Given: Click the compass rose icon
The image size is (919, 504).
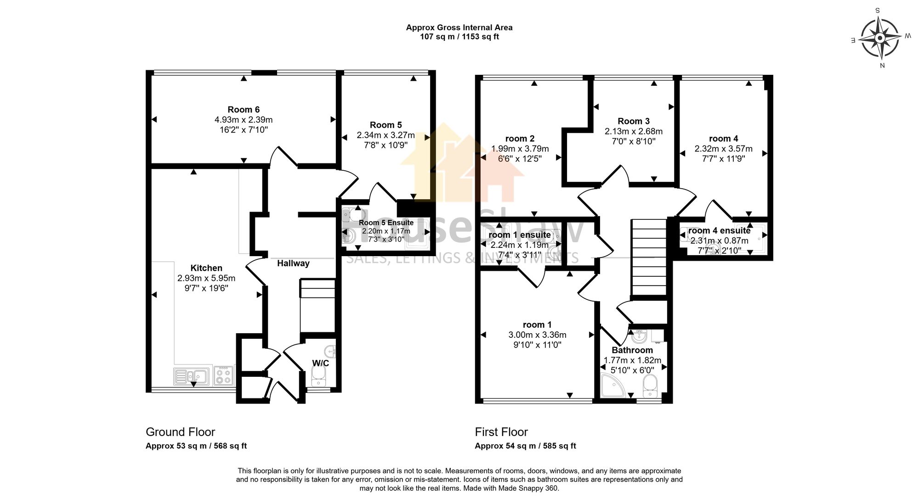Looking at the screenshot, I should pos(879,38).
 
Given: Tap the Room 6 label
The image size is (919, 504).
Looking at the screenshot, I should pos(244,109).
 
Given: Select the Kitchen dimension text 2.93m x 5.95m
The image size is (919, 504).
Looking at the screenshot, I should pos(206,278).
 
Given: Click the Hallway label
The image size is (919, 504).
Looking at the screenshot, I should pos(293,263).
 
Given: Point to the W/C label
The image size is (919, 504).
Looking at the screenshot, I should pos(321,364).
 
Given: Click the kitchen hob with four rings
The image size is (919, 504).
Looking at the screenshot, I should pos(224,375).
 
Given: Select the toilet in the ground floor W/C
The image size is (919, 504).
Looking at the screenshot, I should pos(318,379).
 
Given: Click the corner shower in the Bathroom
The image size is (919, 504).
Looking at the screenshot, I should pos(612,386).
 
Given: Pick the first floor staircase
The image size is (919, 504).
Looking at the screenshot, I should pos(649,257).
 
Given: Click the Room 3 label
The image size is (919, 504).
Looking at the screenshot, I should pos(634,121).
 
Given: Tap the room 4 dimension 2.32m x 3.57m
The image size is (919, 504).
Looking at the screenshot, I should pos(723,149).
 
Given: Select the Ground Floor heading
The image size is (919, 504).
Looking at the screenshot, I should pos(180,432).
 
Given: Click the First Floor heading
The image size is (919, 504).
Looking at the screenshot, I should pos(501,432).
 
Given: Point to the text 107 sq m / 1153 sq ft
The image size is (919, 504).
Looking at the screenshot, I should pos(459,37).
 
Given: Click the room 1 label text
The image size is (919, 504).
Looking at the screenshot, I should pos(537,325).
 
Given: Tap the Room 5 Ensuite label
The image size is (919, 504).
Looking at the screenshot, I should pos(386,223).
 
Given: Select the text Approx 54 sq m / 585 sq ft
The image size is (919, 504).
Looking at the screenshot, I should pos(525,446).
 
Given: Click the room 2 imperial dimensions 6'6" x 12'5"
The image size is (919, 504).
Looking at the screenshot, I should pos(520,159).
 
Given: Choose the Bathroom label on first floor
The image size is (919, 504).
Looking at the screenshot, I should pos(632,350).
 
